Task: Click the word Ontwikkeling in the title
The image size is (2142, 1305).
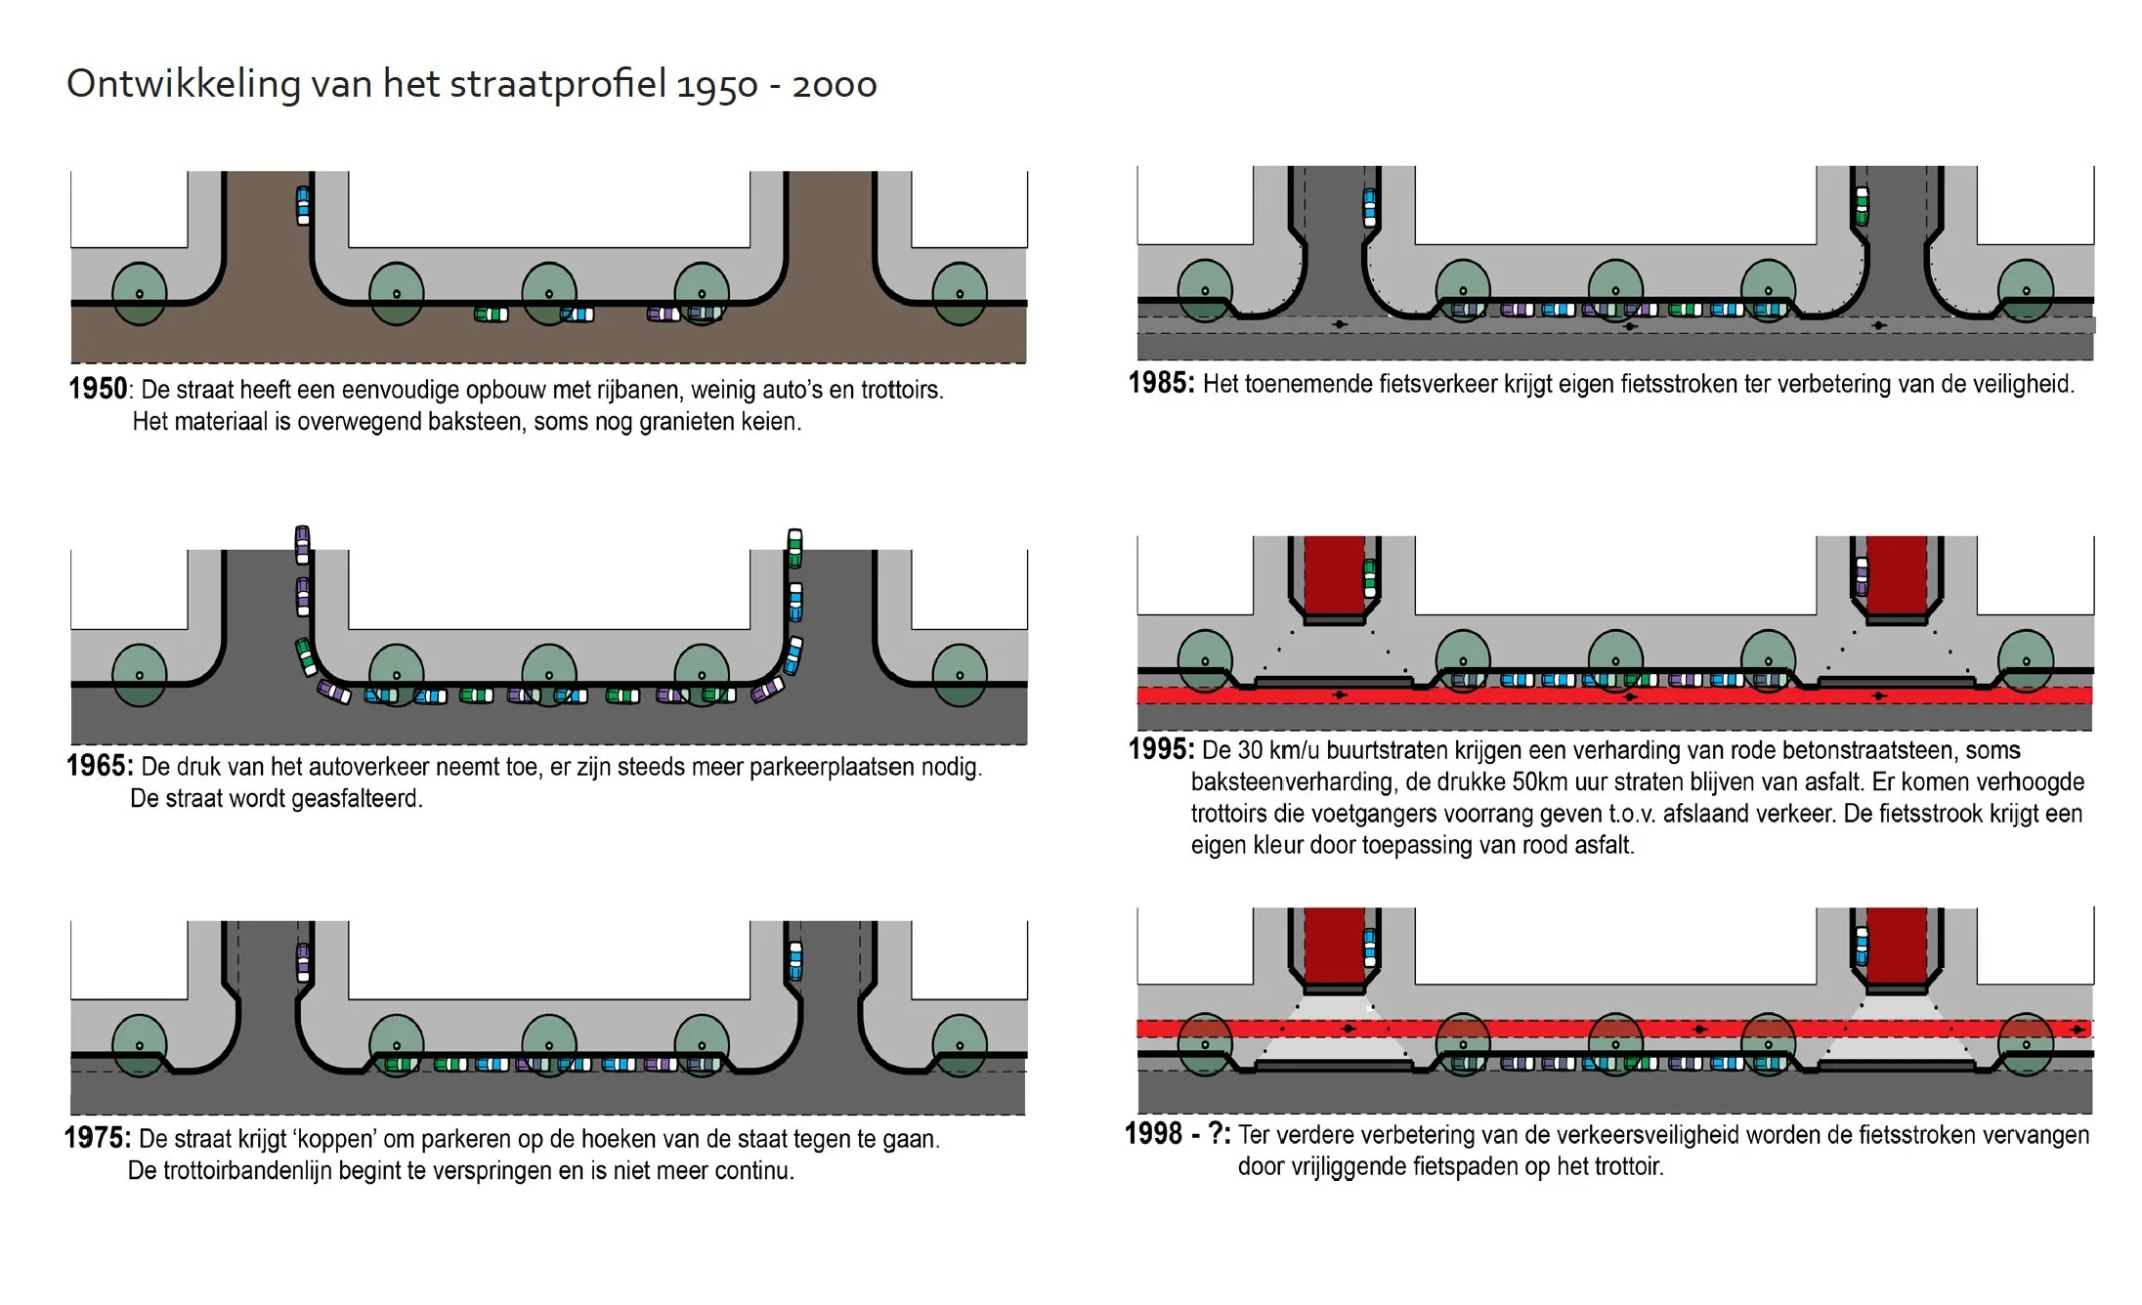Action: [183, 85]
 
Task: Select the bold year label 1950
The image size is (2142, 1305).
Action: [98, 389]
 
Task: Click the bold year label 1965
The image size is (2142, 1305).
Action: [98, 766]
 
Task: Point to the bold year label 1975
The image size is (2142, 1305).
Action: [96, 1138]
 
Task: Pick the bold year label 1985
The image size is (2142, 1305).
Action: [1160, 383]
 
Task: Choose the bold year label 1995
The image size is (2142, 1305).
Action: [1160, 749]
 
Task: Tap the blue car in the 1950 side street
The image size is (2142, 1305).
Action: [303, 205]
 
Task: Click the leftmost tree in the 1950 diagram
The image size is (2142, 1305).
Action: [140, 293]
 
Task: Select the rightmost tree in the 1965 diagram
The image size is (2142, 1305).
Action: [960, 675]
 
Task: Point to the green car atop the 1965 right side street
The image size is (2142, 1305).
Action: [795, 547]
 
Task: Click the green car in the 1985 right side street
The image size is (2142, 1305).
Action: [1862, 206]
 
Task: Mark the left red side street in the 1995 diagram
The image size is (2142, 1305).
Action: [1334, 575]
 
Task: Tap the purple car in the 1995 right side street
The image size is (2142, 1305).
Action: [1862, 575]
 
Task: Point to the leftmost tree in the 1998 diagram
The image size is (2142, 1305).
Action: [1205, 1044]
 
